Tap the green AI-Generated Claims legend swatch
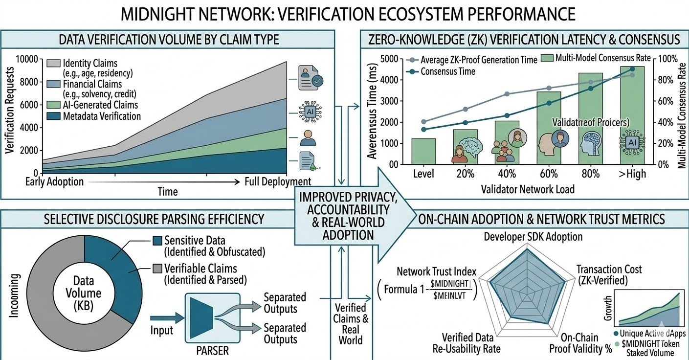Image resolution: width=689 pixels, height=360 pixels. pyautogui.click(x=53, y=105)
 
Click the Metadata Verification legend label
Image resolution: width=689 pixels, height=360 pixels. pyautogui.click(x=102, y=116)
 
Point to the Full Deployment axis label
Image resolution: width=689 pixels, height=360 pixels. pyautogui.click(x=278, y=182)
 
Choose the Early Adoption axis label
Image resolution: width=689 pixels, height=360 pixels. pyautogui.click(x=55, y=182)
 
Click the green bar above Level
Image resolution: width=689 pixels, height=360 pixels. pyautogui.click(x=423, y=152)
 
